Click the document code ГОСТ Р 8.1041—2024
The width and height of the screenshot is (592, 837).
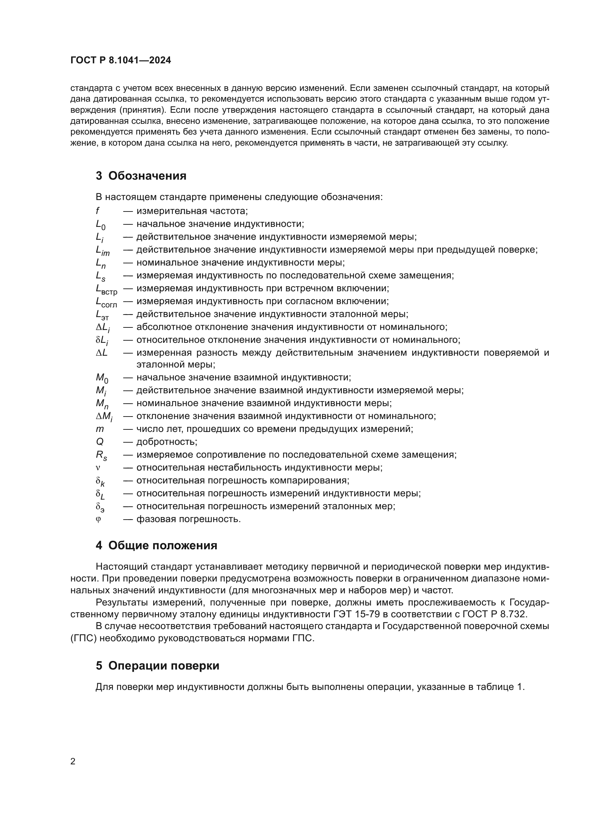point(121,60)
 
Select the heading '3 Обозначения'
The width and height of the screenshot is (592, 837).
point(141,176)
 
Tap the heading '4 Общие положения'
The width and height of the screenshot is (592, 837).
point(156,545)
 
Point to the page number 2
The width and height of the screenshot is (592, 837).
point(73,761)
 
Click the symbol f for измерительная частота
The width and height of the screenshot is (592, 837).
point(98,211)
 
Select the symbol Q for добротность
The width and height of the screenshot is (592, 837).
point(100,442)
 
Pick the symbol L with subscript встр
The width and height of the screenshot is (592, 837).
point(106,289)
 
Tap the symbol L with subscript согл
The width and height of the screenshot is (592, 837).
point(106,302)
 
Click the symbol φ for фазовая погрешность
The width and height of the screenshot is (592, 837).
point(98,519)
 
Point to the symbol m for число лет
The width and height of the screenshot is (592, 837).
point(100,429)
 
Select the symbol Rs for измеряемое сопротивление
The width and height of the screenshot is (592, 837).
point(101,455)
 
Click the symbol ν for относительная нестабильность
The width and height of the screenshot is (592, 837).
point(98,468)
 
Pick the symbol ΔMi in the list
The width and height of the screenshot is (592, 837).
point(104,417)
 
